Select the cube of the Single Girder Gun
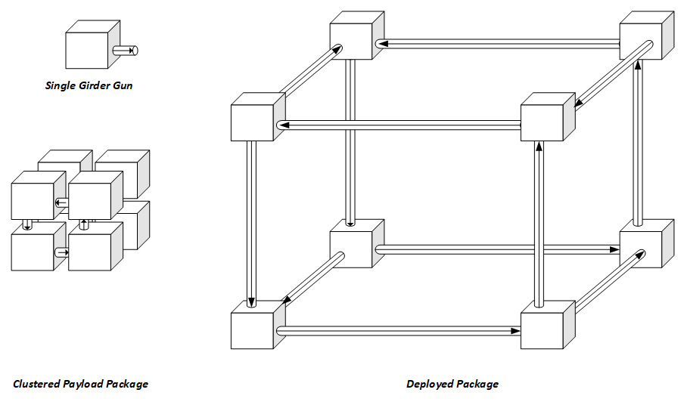click(87, 50)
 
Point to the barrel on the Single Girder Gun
click(125, 51)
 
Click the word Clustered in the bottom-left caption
click(37, 384)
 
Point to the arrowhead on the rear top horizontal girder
click(384, 44)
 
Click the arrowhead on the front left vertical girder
click(253, 304)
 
